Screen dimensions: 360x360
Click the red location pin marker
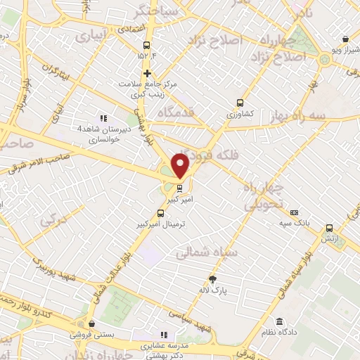pos(180,165)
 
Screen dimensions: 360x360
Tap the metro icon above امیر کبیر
pos(180,188)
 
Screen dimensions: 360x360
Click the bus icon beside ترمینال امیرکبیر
pos(161,212)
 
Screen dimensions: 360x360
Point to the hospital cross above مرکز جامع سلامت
pos(147,73)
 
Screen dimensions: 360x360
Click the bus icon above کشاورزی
pos(240,101)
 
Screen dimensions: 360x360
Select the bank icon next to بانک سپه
pos(294,212)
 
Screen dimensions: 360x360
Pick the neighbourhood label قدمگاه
pos(160,112)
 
